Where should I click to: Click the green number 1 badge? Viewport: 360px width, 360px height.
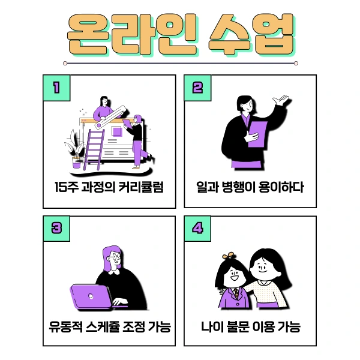(x=56, y=88)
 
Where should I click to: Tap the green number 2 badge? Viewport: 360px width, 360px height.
(x=197, y=88)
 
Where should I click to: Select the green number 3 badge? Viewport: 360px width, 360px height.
(x=56, y=229)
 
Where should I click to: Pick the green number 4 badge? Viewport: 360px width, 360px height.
(x=197, y=229)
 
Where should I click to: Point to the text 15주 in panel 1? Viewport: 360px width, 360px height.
(x=65, y=187)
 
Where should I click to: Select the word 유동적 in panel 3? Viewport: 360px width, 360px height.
(x=65, y=328)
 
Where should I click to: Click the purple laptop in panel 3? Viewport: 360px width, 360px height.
(x=90, y=296)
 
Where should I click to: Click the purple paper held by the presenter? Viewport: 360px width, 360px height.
(x=257, y=133)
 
